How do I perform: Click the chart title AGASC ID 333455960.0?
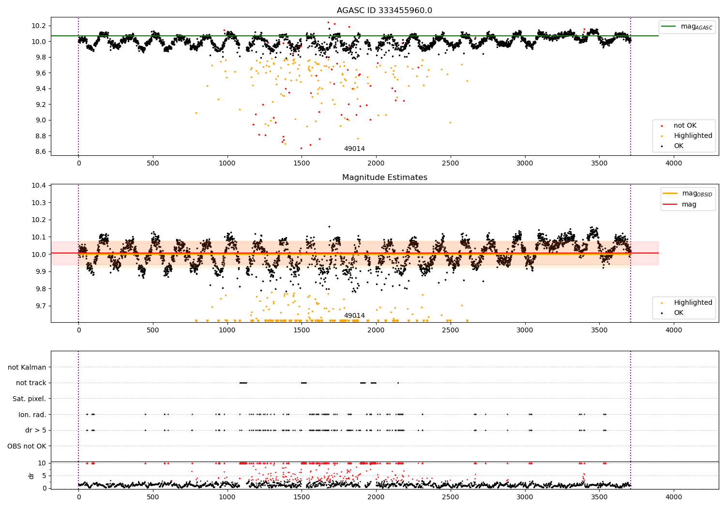384,11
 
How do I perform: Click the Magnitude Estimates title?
384,178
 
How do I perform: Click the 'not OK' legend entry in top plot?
684,126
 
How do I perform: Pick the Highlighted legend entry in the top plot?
693,136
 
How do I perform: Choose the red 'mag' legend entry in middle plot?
689,204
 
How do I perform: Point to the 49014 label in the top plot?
354,149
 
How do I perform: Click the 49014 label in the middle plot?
354,316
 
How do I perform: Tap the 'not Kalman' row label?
27,367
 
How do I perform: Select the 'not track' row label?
31,383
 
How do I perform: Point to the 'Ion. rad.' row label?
32,415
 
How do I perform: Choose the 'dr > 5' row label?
35,430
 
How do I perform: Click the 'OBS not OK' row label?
27,446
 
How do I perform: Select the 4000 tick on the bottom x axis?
673,497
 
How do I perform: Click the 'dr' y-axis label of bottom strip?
31,476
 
